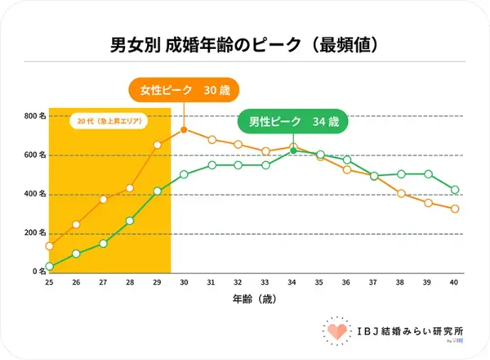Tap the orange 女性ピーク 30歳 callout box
pos(183,91)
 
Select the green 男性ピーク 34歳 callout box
pos(293,121)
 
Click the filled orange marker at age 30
pos(184,130)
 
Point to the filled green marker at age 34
pos(293,151)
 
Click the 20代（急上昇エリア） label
pos(109,121)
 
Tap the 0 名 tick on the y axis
pos(36,272)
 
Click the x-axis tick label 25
pos(49,283)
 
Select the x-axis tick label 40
pos(454,283)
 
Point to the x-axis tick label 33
pos(266,283)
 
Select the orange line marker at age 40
pos(454,209)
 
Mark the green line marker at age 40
pos(454,190)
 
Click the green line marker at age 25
pos(49,267)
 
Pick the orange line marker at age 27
pos(103,199)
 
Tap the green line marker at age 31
pos(212,165)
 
